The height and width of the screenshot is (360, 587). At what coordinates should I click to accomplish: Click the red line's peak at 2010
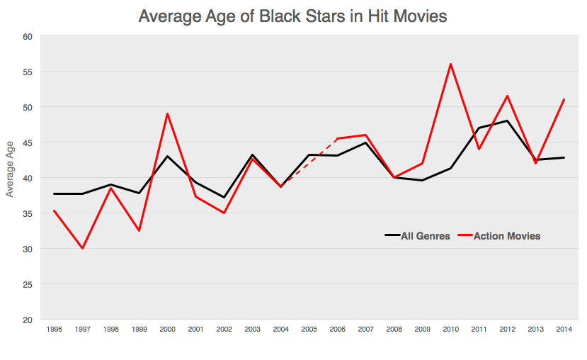coord(450,64)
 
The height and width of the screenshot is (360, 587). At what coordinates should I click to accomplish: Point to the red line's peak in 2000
coord(167,114)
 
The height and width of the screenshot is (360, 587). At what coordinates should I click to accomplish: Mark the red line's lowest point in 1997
coord(83,248)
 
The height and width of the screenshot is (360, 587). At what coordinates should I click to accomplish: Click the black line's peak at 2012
coord(507,121)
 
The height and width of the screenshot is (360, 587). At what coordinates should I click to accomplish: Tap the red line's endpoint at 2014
coord(564,100)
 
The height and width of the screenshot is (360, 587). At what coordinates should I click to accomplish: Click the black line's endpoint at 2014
coord(564,157)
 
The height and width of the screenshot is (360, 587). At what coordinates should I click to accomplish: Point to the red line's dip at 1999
coord(139,230)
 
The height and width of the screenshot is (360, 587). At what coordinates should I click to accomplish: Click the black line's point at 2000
coord(167,156)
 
